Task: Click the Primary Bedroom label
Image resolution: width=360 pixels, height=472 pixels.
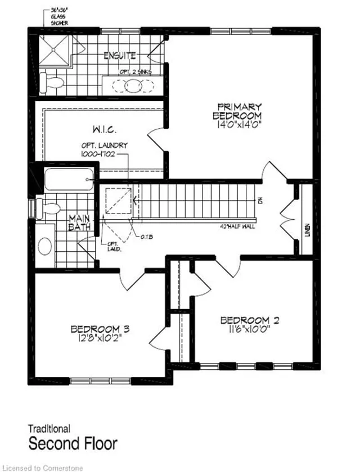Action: coord(240,111)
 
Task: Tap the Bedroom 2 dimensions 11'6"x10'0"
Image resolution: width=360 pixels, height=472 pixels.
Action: coord(250,331)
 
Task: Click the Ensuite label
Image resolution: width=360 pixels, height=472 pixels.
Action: coord(120,56)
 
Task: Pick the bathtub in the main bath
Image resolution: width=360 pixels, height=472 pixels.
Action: coord(66,180)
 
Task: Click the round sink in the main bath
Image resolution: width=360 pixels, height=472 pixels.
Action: coord(46,246)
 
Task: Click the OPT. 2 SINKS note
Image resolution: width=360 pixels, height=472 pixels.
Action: coord(135,71)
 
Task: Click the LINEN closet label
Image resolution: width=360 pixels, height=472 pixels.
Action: coord(307,229)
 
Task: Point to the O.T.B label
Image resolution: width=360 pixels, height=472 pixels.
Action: coord(147,236)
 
